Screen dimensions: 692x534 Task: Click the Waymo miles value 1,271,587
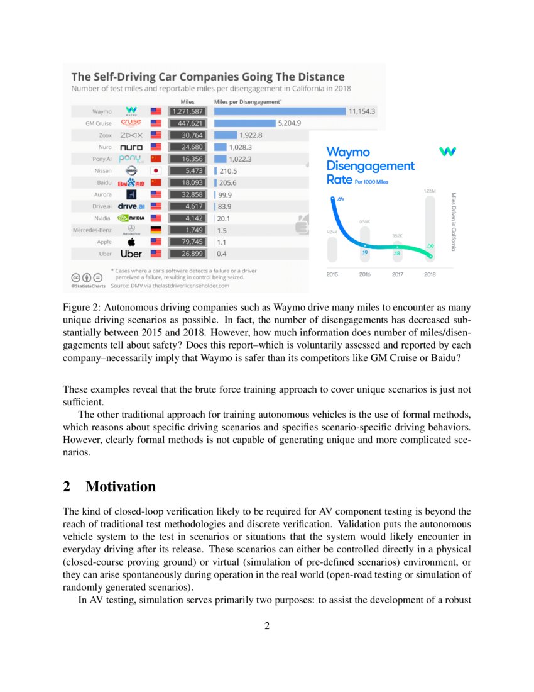click(187, 111)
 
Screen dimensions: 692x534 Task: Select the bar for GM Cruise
click(244, 123)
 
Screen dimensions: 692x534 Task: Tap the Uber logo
click(131, 254)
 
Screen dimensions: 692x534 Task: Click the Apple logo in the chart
click(131, 242)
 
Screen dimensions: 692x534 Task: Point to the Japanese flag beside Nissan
click(156, 170)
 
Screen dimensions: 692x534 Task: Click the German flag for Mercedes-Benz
click(156, 230)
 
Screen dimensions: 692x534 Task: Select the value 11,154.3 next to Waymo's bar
click(362, 111)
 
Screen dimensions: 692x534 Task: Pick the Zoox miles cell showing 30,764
click(187, 135)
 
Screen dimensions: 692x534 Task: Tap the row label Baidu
click(102, 182)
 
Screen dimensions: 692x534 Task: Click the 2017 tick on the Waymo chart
click(397, 274)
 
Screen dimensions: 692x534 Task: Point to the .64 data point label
click(340, 199)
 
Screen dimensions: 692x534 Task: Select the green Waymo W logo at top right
click(447, 152)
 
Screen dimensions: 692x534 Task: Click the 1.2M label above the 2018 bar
click(430, 191)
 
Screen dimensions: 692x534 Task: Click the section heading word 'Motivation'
click(120, 486)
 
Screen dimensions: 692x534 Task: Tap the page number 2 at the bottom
click(267, 626)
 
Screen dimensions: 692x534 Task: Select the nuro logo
click(131, 147)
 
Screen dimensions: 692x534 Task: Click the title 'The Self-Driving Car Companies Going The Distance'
click(207, 77)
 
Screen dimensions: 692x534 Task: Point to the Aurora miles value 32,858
click(187, 194)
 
